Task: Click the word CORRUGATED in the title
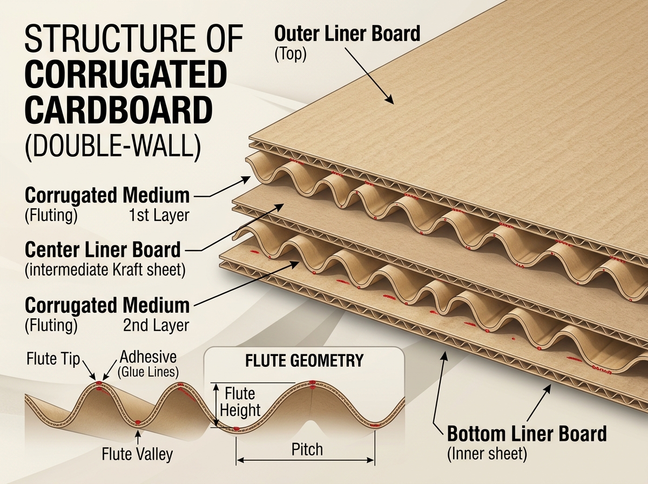(x=124, y=76)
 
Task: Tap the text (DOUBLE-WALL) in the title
(x=112, y=146)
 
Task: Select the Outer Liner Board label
(x=347, y=33)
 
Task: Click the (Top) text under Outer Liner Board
(x=291, y=55)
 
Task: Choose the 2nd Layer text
(x=156, y=325)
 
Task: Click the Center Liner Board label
(x=103, y=250)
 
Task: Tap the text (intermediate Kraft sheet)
(x=105, y=270)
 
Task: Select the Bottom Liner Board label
(x=526, y=434)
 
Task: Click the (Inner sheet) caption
(x=487, y=454)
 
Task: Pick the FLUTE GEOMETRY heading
(x=304, y=360)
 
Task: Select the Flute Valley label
(x=137, y=454)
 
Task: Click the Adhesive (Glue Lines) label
(x=147, y=363)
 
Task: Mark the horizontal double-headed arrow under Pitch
(x=306, y=461)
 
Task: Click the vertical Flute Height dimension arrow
(x=216, y=405)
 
